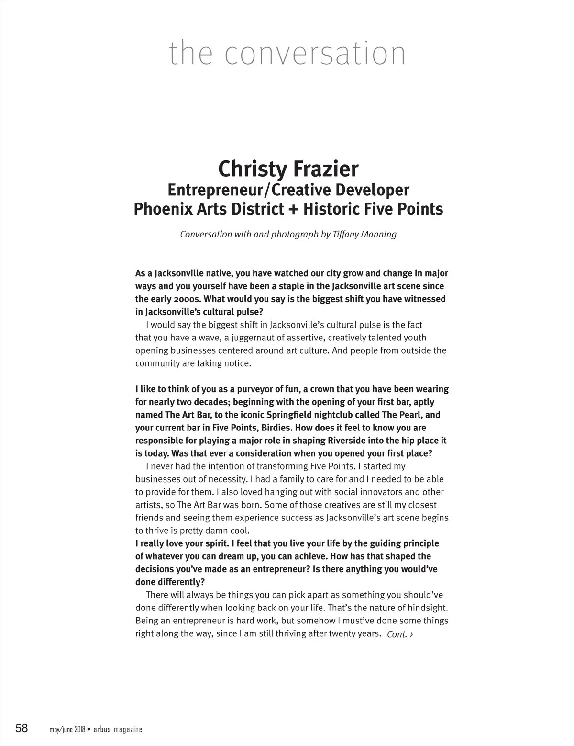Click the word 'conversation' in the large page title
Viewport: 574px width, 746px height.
pyautogui.click(x=315, y=54)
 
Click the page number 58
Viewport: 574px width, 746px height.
pyautogui.click(x=22, y=729)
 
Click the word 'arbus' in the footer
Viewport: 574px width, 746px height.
pyautogui.click(x=101, y=730)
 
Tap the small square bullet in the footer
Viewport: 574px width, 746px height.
pyautogui.click(x=88, y=729)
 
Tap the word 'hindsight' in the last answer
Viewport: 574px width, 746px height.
pyautogui.click(x=427, y=608)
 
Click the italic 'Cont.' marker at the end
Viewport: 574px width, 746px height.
pyautogui.click(x=397, y=634)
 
